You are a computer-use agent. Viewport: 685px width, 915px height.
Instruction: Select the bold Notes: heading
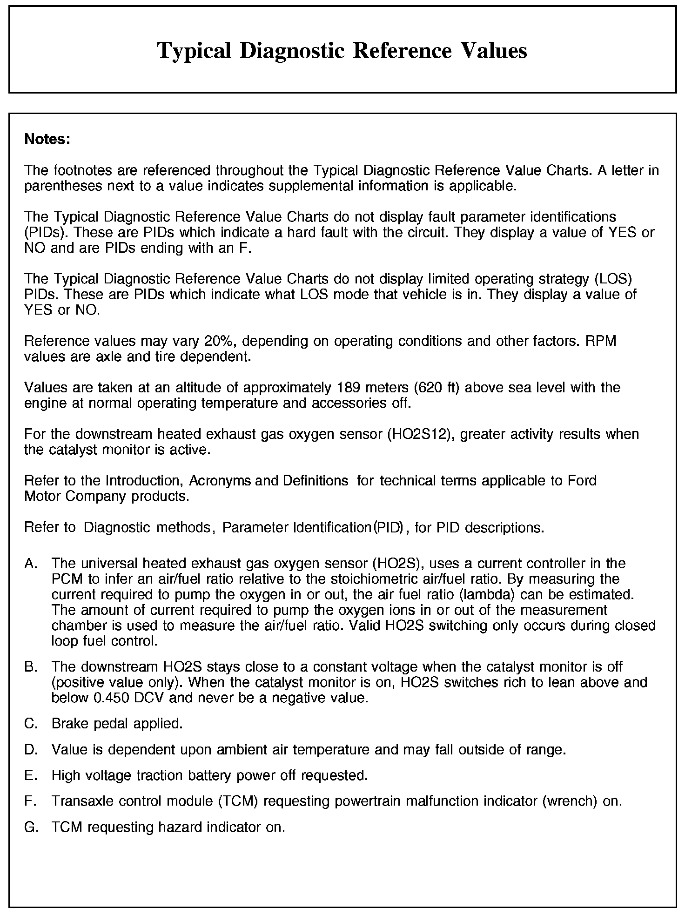point(47,139)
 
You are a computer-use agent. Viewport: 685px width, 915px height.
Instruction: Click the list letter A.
point(30,564)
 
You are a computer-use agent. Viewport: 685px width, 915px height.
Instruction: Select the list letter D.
point(30,749)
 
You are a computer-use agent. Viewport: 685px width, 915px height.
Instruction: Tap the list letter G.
point(31,827)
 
